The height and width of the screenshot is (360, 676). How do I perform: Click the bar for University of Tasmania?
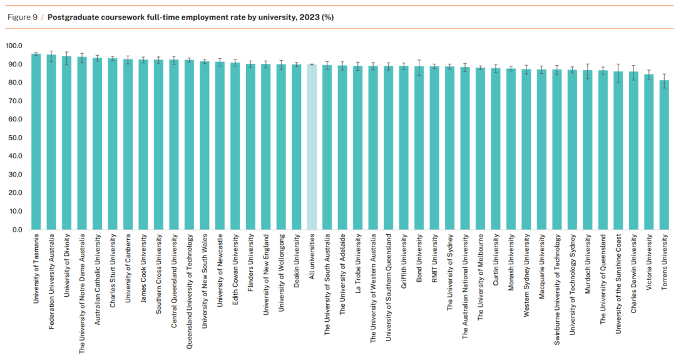pyautogui.click(x=36, y=144)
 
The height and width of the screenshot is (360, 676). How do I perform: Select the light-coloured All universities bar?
pyautogui.click(x=312, y=147)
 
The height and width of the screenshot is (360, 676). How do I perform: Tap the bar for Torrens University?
pyautogui.click(x=664, y=157)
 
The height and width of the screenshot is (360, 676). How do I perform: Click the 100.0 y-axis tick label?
pyautogui.click(x=13, y=46)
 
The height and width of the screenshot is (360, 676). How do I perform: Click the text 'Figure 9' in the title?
pyautogui.click(x=23, y=17)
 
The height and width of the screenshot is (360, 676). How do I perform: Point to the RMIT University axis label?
pyautogui.click(x=434, y=256)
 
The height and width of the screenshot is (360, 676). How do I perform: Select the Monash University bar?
pyautogui.click(x=511, y=150)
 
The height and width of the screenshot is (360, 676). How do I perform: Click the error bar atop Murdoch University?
pyautogui.click(x=588, y=71)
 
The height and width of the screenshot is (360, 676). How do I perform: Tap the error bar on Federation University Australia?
pyautogui.click(x=51, y=55)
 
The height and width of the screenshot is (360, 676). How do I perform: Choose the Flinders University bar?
pyautogui.click(x=250, y=147)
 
